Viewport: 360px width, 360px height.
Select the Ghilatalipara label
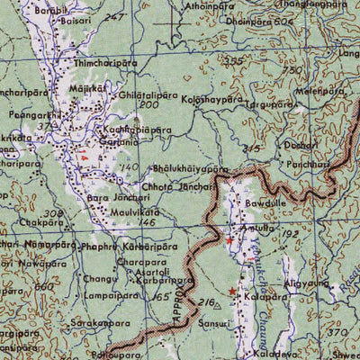point(146,94)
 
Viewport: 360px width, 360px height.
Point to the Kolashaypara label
point(212,100)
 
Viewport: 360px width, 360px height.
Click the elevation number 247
point(114,17)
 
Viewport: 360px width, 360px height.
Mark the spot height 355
point(236,61)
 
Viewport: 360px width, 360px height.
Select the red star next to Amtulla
point(229,241)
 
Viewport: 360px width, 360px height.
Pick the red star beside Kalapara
point(232,292)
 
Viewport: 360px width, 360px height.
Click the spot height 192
point(289,233)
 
